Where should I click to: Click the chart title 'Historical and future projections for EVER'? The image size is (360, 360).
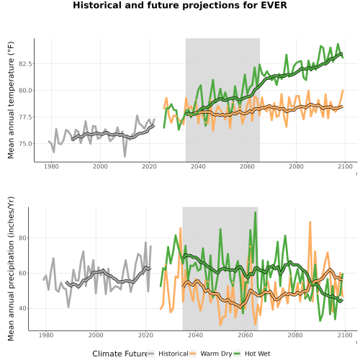180,5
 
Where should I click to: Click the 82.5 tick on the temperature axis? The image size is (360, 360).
25,64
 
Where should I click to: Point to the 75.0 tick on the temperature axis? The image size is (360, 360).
25,144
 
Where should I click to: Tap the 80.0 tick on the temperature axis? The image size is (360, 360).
25,91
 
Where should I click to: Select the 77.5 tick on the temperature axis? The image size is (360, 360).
25,117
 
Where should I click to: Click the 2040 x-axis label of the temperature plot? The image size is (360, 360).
198,166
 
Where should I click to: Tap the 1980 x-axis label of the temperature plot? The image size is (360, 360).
51,166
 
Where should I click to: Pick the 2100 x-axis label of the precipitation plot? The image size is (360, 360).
345,335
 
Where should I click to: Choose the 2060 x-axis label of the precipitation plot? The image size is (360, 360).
246,335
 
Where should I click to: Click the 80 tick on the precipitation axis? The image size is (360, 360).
22,238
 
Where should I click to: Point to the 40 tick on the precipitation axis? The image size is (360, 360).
22,308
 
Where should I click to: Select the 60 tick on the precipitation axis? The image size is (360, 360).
22,274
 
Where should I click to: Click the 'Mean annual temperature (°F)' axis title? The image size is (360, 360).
11,100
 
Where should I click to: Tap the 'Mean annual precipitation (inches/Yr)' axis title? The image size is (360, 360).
11,269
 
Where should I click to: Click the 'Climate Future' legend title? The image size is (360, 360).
120,354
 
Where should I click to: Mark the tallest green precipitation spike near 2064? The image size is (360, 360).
256,212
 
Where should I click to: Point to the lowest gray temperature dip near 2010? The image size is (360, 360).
125,156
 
